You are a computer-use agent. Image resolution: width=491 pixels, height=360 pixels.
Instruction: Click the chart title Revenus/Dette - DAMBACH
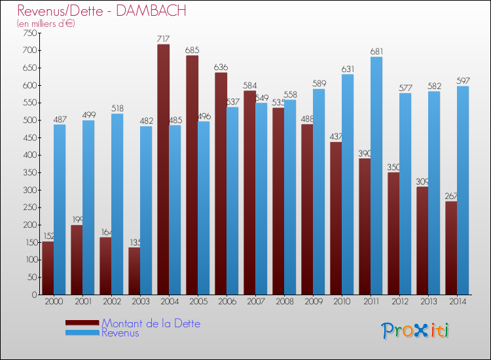point(101,10)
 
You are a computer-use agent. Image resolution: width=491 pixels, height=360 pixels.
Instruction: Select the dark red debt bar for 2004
point(163,170)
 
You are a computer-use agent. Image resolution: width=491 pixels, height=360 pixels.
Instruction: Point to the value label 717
point(164,39)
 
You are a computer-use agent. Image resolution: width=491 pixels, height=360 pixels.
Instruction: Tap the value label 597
point(463,81)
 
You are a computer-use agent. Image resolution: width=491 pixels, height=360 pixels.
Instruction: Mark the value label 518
point(117,109)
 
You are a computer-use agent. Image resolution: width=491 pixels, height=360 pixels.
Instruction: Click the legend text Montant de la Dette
point(151,323)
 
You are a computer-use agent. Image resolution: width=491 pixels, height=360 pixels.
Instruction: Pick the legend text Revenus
point(120,333)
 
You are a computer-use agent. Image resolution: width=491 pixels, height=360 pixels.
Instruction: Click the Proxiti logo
point(416,330)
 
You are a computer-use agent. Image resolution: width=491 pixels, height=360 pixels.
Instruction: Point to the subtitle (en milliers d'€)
point(46,24)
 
